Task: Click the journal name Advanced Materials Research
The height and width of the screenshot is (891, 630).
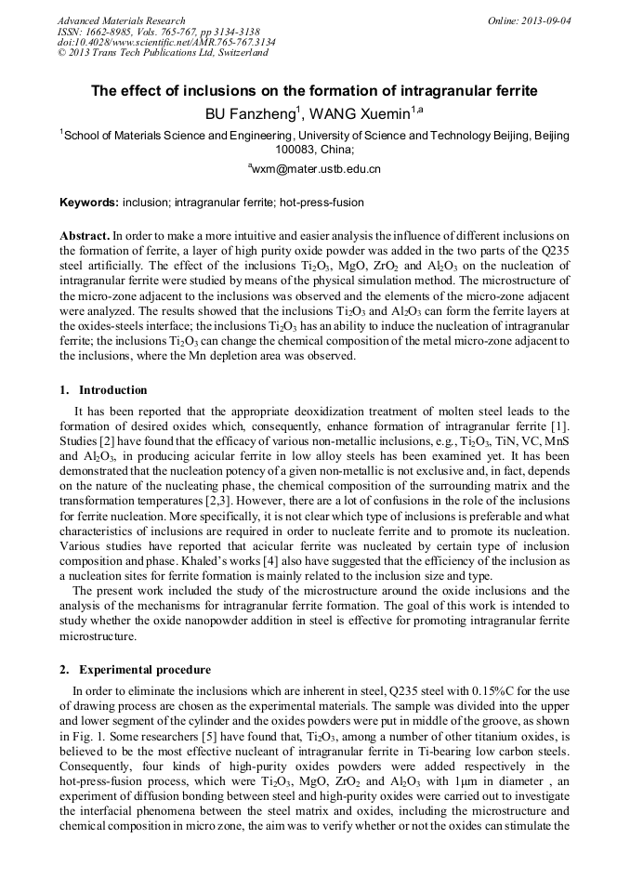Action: click(x=121, y=20)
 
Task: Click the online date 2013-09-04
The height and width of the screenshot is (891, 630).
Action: click(x=545, y=20)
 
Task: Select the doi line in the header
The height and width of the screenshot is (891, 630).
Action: click(x=165, y=42)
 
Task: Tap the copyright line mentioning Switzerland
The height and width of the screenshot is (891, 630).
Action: click(x=163, y=53)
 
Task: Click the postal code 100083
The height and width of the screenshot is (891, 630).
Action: click(x=295, y=148)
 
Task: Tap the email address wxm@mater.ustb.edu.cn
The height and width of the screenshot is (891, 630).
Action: click(x=316, y=170)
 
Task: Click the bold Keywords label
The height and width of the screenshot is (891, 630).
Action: click(x=89, y=203)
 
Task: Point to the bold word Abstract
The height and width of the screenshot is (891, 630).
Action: click(x=85, y=236)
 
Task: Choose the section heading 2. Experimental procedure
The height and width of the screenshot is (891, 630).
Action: click(x=136, y=670)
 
